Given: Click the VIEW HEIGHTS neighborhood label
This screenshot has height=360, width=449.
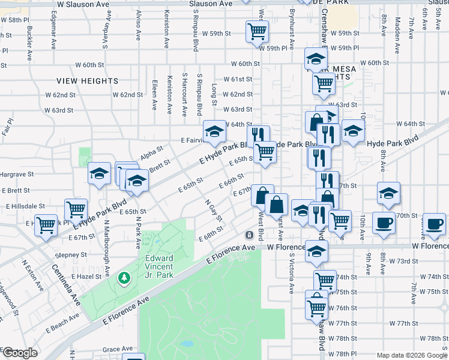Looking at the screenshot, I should (88, 80).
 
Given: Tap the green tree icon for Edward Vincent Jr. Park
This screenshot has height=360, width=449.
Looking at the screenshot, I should (124, 278).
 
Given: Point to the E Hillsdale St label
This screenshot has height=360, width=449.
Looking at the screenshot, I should (26, 206).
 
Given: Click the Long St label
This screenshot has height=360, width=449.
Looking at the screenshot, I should (214, 95).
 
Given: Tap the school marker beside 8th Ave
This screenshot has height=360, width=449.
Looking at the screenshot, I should (388, 193).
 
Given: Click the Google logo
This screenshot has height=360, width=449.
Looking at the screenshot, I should (20, 353).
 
